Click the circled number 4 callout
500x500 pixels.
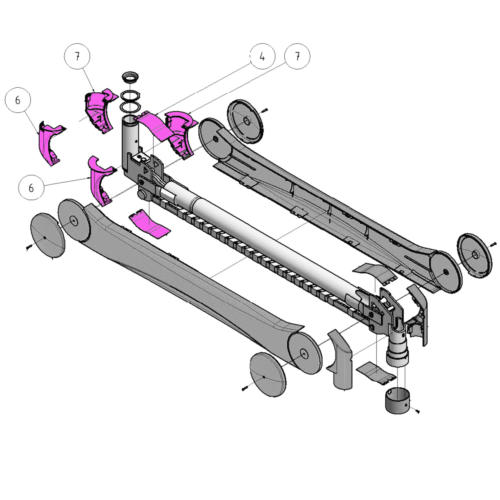click(x=262, y=56)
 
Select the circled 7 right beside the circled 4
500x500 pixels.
click(x=297, y=56)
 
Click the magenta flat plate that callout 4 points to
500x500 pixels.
click(x=155, y=126)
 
